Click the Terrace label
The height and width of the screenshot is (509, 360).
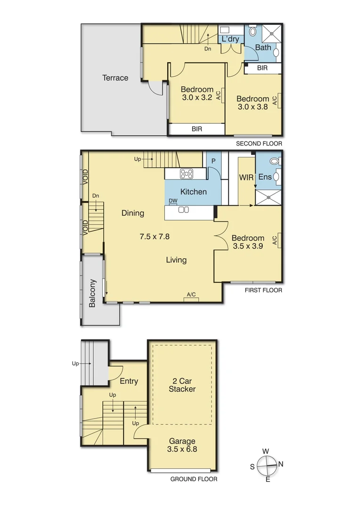point(115,78)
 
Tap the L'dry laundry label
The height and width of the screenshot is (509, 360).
point(230,39)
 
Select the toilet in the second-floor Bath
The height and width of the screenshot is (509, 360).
point(253,32)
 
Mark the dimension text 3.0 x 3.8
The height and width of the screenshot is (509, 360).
point(253,107)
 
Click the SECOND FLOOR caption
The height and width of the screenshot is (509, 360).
point(259,143)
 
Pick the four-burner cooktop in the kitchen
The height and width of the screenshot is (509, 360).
point(187,174)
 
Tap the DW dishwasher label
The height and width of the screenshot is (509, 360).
point(173,201)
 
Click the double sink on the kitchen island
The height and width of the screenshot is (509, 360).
point(183,210)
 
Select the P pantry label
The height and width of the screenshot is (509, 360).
point(213,160)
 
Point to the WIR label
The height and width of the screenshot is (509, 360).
point(246,178)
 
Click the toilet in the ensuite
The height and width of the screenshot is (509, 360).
point(274,161)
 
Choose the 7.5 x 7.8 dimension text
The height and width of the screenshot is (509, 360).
point(155,237)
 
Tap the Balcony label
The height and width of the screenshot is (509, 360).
point(93,294)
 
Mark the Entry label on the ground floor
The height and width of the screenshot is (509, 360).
point(129,381)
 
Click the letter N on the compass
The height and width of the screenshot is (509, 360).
point(281,464)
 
